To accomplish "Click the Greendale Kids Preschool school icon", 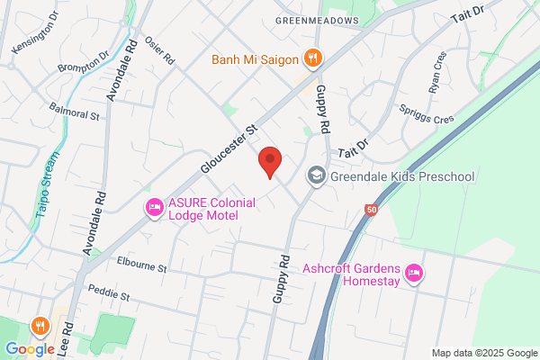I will tap(316, 176).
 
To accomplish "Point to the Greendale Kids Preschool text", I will tap(402, 176).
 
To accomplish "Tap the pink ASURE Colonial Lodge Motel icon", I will tap(154, 208).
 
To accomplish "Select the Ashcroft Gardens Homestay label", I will tap(354, 272).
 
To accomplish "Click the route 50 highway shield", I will tap(371, 210).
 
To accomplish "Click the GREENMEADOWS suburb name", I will tap(317, 20).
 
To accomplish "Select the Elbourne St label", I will tap(142, 267).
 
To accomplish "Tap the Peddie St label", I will tap(109, 294).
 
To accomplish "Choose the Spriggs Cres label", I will tap(426, 112).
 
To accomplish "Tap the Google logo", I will tap(30, 348).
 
